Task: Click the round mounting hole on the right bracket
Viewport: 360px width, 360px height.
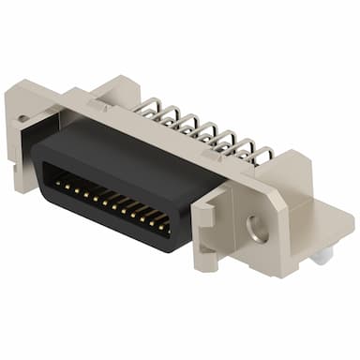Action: (x=255, y=226)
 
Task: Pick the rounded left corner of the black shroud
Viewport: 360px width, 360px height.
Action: (x=39, y=159)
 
